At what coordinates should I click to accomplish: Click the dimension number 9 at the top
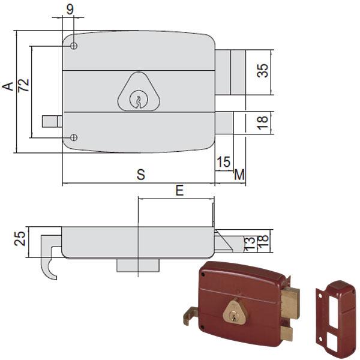click(x=70, y=10)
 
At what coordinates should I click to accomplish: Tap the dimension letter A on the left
click(x=8, y=86)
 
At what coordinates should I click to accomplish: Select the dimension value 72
click(x=23, y=85)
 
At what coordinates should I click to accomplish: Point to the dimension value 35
click(x=262, y=70)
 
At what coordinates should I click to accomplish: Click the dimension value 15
click(x=223, y=162)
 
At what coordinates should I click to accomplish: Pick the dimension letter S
click(x=141, y=175)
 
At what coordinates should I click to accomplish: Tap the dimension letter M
click(x=239, y=175)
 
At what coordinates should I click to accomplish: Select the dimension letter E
click(x=179, y=190)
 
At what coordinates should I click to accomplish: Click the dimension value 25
click(x=20, y=239)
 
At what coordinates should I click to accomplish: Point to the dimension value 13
click(x=250, y=244)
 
